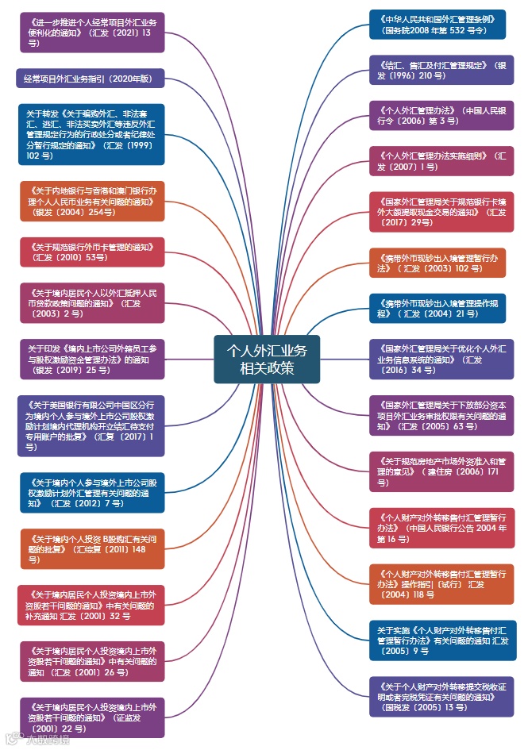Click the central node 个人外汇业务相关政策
pyautogui.click(x=266, y=359)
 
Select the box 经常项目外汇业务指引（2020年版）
pyautogui.click(x=91, y=78)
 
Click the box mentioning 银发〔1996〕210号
pyautogui.click(x=441, y=70)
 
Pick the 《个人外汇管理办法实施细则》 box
pyautogui.click(x=441, y=161)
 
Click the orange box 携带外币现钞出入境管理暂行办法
pyautogui.click(x=437, y=263)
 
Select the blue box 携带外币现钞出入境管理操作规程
pyautogui.click(x=437, y=308)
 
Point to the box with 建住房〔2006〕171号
pyautogui.click(x=441, y=471)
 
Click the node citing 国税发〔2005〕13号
pyautogui.click(x=441, y=696)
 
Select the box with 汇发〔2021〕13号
pyautogui.click(x=92, y=32)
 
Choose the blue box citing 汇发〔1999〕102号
pyautogui.click(x=91, y=134)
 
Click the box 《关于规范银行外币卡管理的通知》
pyautogui.click(x=92, y=252)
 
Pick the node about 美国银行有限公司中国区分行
pyautogui.click(x=91, y=425)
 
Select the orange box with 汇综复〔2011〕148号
pyautogui.click(x=92, y=548)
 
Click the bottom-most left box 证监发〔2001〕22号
pyautogui.click(x=92, y=717)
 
